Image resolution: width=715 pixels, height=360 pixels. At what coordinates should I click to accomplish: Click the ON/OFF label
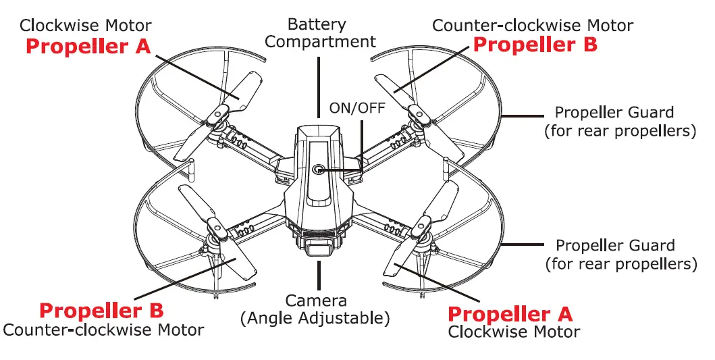pyautogui.click(x=357, y=108)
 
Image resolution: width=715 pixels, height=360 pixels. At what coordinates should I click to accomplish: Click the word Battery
pyautogui.click(x=317, y=24)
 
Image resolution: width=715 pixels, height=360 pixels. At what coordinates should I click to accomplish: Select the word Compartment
pyautogui.click(x=320, y=42)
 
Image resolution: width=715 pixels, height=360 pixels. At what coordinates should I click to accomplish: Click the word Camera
pyautogui.click(x=316, y=301)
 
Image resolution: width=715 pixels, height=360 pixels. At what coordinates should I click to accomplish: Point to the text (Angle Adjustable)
pyautogui.click(x=315, y=317)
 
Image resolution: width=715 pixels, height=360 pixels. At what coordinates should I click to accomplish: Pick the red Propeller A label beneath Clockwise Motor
pyautogui.click(x=88, y=47)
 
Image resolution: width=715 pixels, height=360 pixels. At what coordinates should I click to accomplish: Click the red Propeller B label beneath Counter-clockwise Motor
pyautogui.click(x=535, y=45)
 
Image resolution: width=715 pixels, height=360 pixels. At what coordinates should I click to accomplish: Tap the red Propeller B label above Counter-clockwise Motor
pyautogui.click(x=101, y=311)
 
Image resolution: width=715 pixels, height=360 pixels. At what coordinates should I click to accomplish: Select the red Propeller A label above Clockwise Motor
pyautogui.click(x=510, y=314)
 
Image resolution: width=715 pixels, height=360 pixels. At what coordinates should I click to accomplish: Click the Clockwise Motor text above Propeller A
pyautogui.click(x=86, y=26)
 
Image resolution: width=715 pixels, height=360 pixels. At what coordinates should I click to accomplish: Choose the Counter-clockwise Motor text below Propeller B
pyautogui.click(x=103, y=330)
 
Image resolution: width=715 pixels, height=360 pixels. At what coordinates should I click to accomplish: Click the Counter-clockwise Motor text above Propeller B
pyautogui.click(x=532, y=26)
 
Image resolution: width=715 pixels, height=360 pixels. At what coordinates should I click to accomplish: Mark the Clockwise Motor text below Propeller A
pyautogui.click(x=514, y=332)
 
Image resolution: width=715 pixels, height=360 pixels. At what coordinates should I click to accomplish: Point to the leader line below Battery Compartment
pyautogui.click(x=317, y=88)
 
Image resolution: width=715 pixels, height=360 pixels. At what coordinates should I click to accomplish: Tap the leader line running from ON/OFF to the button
pyautogui.click(x=362, y=142)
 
